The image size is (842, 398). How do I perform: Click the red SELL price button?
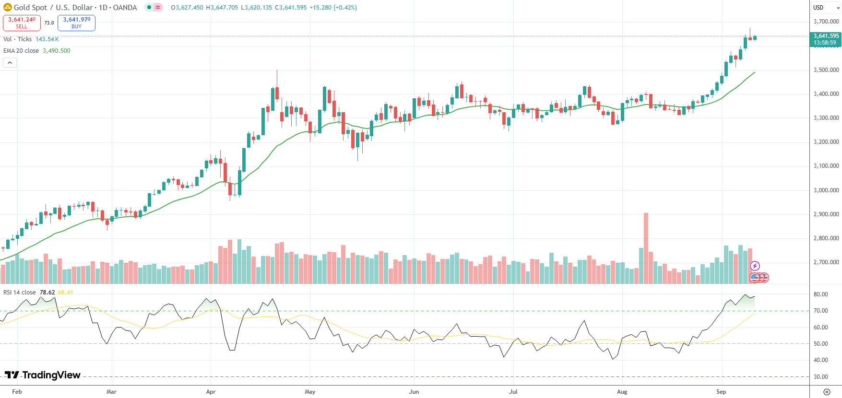(22, 23)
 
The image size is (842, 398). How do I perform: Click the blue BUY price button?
(76, 23)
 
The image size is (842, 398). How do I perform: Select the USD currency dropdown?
(825, 7)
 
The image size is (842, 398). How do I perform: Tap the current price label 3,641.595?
(826, 36)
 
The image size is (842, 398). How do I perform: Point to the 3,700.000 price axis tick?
(826, 22)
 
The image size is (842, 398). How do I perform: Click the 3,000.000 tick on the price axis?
(826, 190)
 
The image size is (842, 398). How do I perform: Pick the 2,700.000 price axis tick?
(826, 262)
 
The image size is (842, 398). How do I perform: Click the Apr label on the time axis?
(211, 392)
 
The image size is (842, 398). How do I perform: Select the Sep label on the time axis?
(721, 392)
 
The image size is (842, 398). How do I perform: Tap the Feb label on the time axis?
(17, 392)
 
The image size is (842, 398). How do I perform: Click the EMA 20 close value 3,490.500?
(56, 51)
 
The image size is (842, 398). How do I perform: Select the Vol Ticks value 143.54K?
(47, 39)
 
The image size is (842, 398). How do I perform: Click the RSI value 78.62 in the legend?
(47, 293)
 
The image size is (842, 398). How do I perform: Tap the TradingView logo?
(43, 375)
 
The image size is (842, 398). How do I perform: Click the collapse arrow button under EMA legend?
(10, 63)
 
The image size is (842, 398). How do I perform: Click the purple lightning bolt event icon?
(755, 266)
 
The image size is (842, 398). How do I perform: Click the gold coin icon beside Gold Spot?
(7, 7)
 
